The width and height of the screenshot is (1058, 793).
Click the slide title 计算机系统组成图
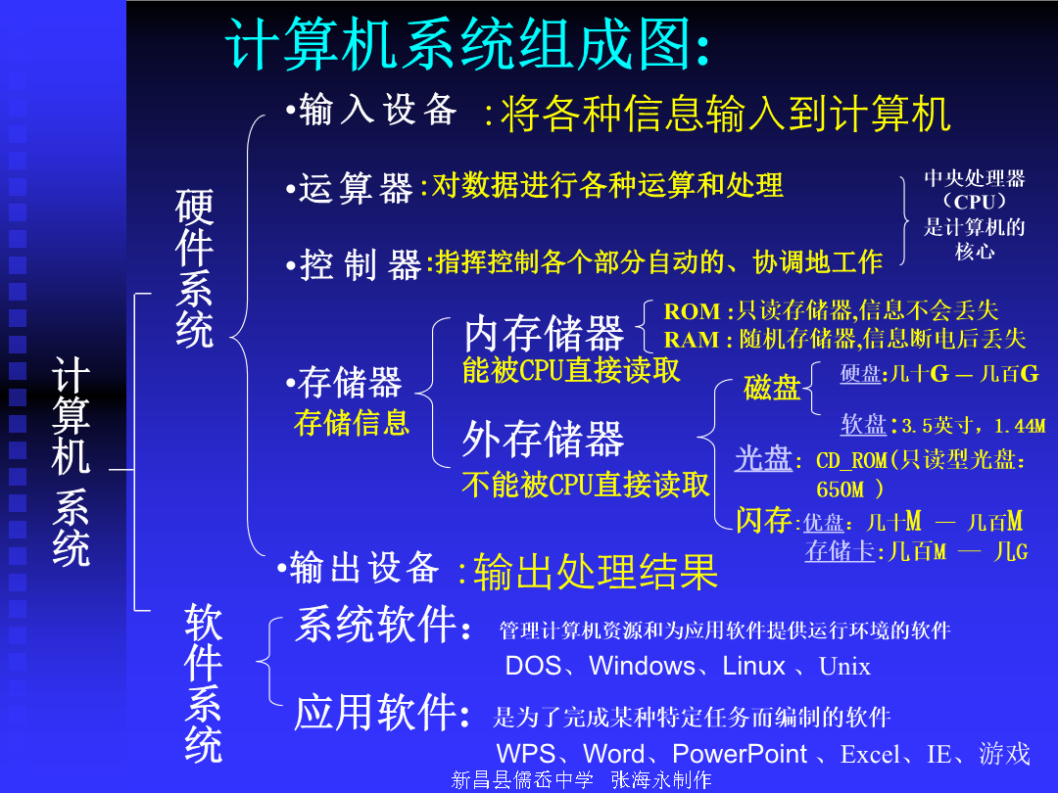click(460, 44)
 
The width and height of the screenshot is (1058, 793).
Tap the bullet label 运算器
click(356, 187)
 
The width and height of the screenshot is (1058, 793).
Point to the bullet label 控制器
click(361, 264)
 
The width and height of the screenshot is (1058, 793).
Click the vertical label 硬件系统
click(194, 268)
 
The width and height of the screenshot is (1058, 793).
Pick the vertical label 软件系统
click(203, 683)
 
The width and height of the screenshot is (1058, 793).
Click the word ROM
click(693, 311)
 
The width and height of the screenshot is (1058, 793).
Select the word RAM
click(692, 339)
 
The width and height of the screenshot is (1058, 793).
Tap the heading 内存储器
click(544, 333)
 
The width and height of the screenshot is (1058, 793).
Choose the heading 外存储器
click(543, 439)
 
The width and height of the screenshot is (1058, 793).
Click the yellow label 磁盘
click(772, 388)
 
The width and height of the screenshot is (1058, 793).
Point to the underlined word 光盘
click(763, 458)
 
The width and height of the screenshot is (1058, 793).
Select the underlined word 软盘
click(864, 424)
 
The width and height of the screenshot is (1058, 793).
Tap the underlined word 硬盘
click(861, 374)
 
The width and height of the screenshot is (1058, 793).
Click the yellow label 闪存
click(764, 520)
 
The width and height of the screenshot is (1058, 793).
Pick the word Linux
click(753, 667)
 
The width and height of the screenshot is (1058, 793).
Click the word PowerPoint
click(740, 754)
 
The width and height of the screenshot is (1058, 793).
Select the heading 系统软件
click(376, 624)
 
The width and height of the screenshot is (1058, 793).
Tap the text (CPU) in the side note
click(975, 202)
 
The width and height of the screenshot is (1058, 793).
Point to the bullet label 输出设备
click(364, 567)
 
